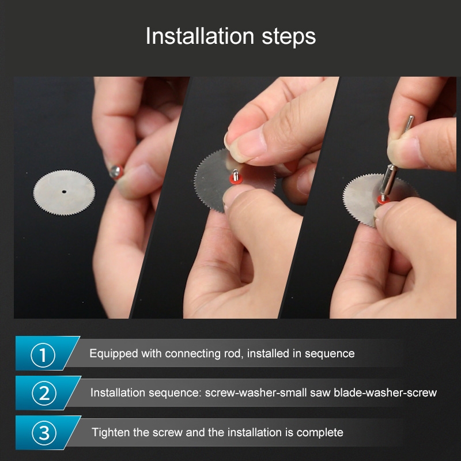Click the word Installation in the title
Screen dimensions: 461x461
pyautogui.click(x=200, y=36)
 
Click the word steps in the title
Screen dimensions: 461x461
pyautogui.click(x=289, y=37)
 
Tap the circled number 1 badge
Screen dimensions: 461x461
pyautogui.click(x=43, y=355)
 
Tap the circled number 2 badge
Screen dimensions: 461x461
pyautogui.click(x=44, y=393)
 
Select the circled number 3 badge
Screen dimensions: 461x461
pyautogui.click(x=44, y=433)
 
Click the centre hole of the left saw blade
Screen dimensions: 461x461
pyautogui.click(x=64, y=192)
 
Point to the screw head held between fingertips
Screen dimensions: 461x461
pyautogui.click(x=116, y=172)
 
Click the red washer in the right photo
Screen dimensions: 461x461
pyautogui.click(x=383, y=200)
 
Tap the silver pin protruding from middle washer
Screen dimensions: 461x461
pyautogui.click(x=235, y=175)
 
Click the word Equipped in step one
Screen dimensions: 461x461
pyautogui.click(x=114, y=353)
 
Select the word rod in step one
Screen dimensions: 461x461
pyautogui.click(x=234, y=353)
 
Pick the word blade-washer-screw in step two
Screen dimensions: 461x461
pyautogui.click(x=385, y=393)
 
